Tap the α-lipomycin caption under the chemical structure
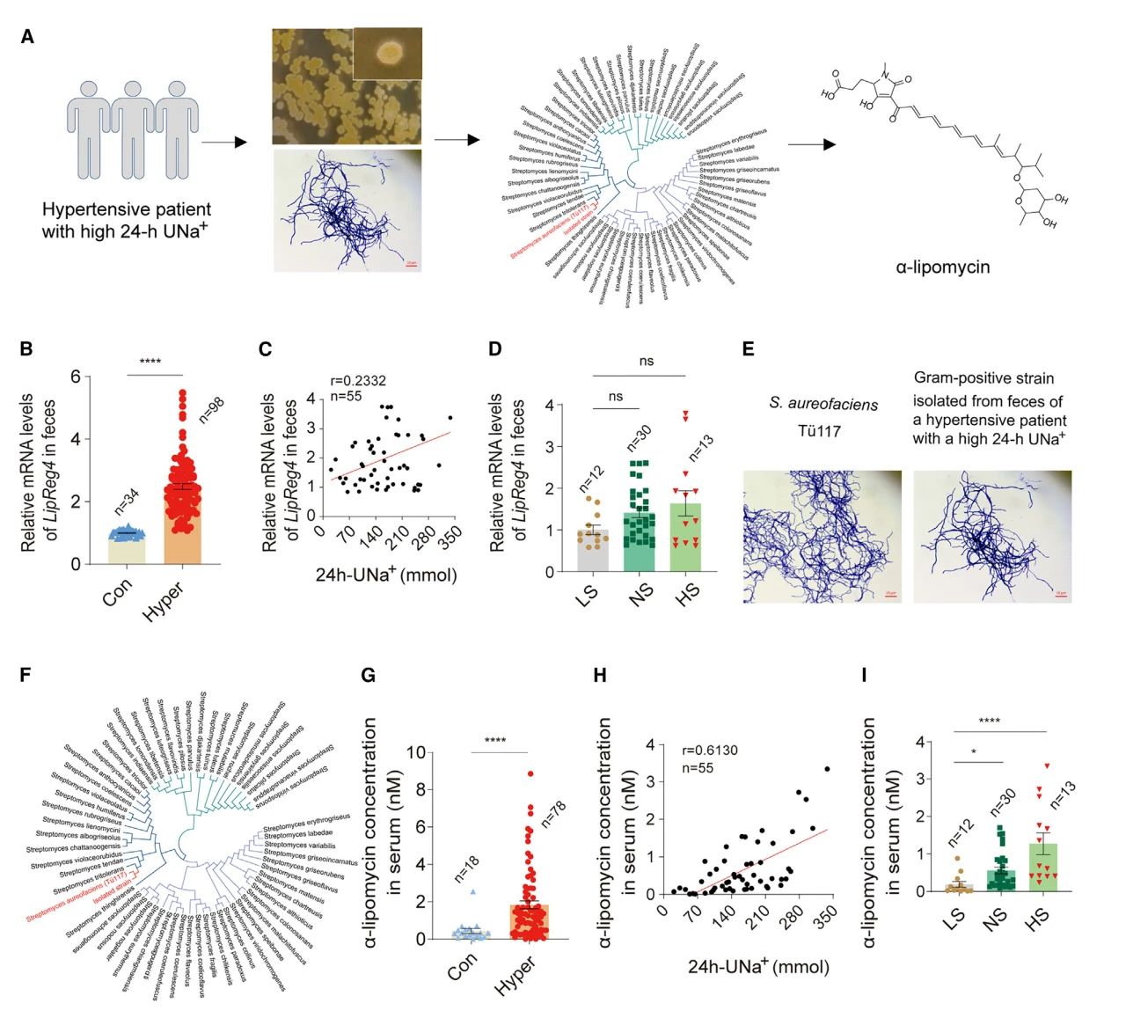pyautogui.click(x=942, y=267)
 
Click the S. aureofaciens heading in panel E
pyautogui.click(x=823, y=404)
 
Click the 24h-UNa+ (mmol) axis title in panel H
pyautogui.click(x=758, y=967)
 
